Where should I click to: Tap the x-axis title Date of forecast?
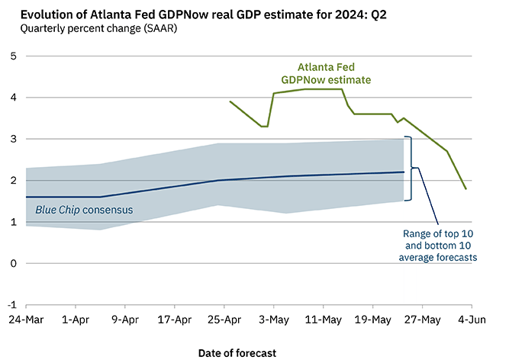point(237,352)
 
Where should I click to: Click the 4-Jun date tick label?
point(469,320)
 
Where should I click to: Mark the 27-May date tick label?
point(421,320)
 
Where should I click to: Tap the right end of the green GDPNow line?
point(466,188)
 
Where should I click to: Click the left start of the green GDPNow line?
point(230,101)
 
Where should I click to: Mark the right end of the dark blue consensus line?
point(404,172)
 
